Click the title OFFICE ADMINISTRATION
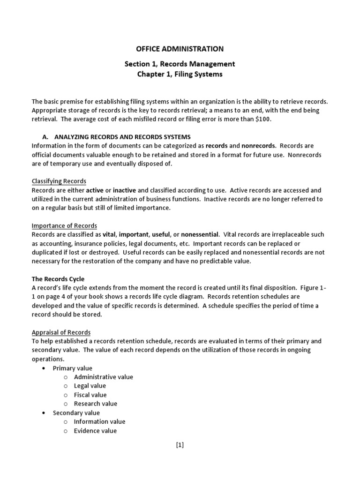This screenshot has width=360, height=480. point(180,49)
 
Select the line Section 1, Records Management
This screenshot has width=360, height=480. point(180,64)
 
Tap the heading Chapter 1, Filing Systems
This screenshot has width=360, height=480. point(180,75)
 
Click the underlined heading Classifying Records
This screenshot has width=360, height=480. point(59,181)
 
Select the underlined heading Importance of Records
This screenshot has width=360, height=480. point(64,225)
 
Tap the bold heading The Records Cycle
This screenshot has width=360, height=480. point(58,279)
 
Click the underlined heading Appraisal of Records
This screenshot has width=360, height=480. point(61,332)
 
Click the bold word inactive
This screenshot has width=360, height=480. point(124,190)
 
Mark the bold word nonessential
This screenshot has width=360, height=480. point(200,234)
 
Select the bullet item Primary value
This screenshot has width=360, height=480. point(72,368)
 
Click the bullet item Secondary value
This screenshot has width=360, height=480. point(76,413)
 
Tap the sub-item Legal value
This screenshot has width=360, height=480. point(90,386)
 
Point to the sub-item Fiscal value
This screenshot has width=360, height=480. point(90,395)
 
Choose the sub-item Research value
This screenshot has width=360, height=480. point(96,404)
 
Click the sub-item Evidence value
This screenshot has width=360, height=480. point(95,431)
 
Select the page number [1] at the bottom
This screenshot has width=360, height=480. point(180,446)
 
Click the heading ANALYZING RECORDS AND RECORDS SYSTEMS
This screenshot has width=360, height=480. point(122,137)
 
